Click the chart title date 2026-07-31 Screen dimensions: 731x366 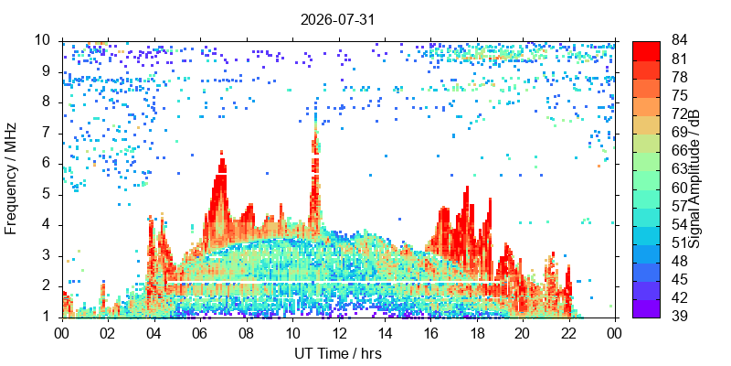tap(337, 20)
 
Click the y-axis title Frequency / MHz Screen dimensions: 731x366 tap(11, 178)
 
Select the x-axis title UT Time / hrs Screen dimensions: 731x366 tap(338, 354)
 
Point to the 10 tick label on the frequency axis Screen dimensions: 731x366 tap(45, 40)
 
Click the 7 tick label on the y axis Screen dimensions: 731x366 tap(49, 134)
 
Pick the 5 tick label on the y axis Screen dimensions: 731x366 tap(49, 195)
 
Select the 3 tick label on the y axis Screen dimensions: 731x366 tap(49, 257)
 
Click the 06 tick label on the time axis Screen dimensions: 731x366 tap(200, 333)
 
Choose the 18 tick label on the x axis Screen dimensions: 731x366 tap(477, 333)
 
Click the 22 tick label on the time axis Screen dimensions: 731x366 tap(569, 333)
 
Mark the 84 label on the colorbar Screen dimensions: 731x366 tap(680, 40)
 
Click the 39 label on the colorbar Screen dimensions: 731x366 tap(680, 317)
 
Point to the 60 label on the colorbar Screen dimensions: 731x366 tap(680, 188)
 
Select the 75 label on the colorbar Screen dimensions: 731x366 tap(680, 96)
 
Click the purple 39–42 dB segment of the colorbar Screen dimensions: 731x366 tap(646, 308)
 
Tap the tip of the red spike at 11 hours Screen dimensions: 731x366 tap(315, 113)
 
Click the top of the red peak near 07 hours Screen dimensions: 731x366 tap(221, 152)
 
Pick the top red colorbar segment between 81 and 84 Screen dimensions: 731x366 tap(646, 50)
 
